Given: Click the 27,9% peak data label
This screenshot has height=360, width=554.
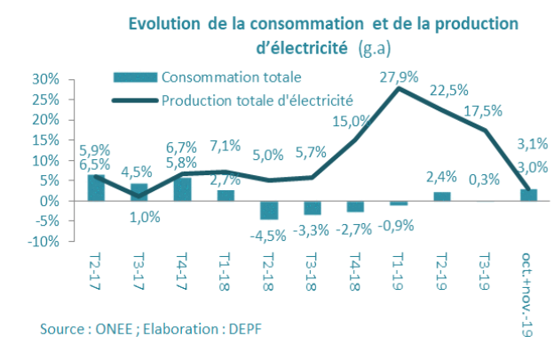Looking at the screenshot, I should [x=398, y=74].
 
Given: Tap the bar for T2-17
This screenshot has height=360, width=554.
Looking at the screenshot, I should [x=95, y=188].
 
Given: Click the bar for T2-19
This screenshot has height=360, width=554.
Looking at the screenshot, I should [x=442, y=196].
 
